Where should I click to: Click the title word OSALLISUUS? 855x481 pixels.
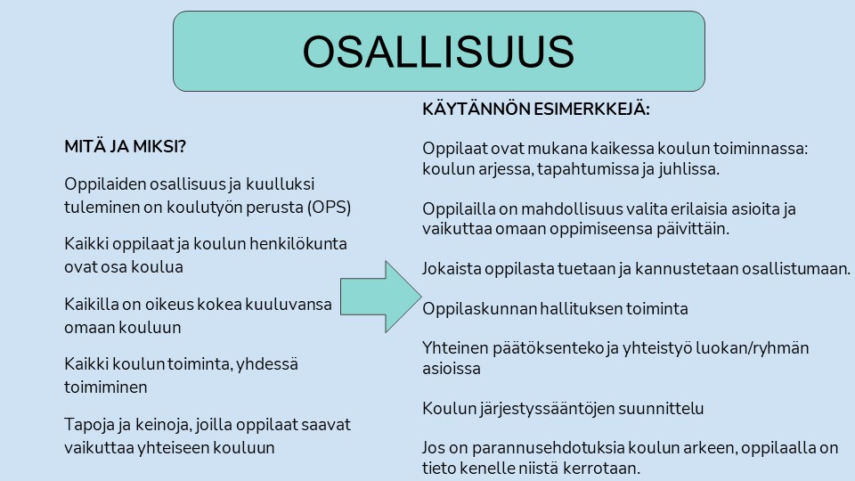click(x=438, y=52)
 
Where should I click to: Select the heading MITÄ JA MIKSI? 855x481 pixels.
click(x=126, y=147)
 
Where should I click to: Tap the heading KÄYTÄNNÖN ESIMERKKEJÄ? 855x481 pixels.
click(x=536, y=109)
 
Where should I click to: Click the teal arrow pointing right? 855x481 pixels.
click(x=381, y=297)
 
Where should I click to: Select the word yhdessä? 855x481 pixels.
click(x=270, y=363)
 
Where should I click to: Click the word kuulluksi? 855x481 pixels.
click(x=281, y=183)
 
